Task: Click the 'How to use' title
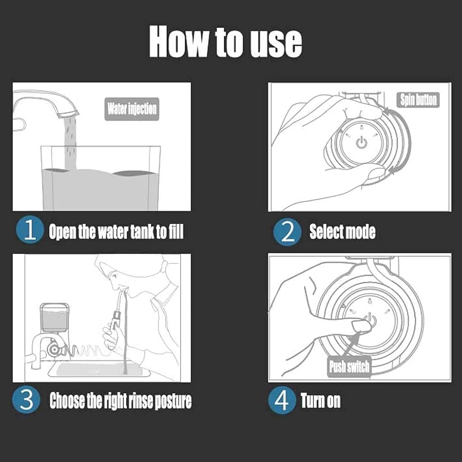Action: pos(225,42)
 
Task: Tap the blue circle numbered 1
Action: pos(30,230)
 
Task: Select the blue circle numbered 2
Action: pos(287,231)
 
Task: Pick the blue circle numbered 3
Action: pos(26,400)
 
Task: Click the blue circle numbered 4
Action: pos(282,401)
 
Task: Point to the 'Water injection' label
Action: pos(132,109)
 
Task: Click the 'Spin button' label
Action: pos(418,100)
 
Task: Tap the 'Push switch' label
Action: pos(349,367)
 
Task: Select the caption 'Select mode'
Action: pos(342,231)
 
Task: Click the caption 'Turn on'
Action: pos(321,401)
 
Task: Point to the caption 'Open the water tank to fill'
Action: pos(116,231)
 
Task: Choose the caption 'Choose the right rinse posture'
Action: pos(121,401)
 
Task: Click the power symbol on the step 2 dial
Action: pos(362,143)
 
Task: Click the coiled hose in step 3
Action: pos(85,351)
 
